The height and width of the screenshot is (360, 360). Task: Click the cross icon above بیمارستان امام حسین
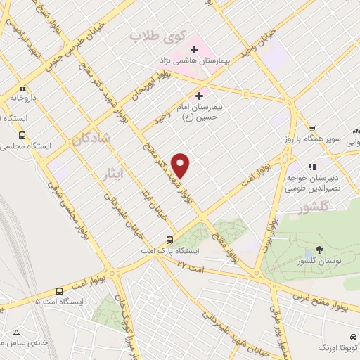click(x=200, y=94)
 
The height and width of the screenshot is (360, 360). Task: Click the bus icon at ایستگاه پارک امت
click(x=169, y=240)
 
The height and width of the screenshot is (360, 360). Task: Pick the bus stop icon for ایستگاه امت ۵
click(x=58, y=290)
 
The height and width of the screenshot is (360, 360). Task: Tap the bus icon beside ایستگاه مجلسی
click(x=23, y=135)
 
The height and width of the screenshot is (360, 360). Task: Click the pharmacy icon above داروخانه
click(x=23, y=89)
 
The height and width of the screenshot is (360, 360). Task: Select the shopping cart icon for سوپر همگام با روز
click(x=312, y=129)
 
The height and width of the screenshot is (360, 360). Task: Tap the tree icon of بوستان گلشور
click(x=320, y=250)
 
